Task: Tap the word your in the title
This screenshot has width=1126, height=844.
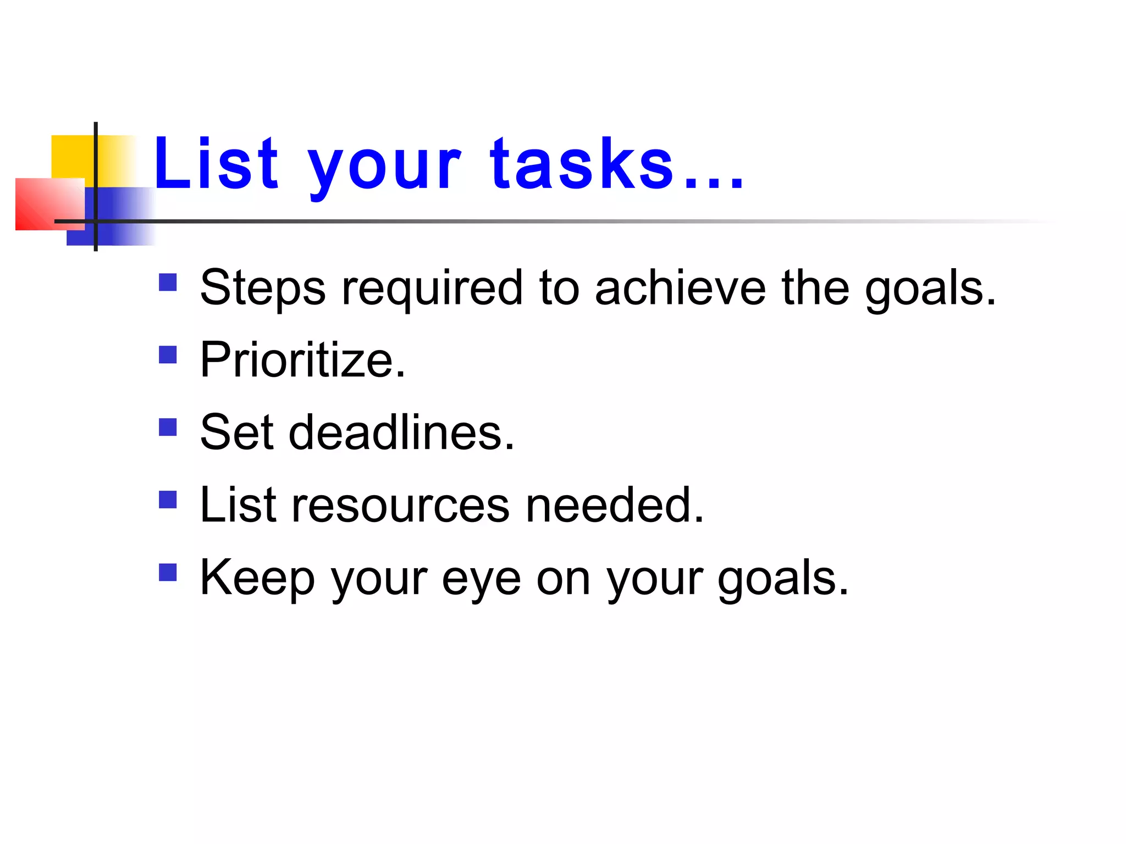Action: click(384, 168)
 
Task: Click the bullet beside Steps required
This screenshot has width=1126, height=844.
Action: click(168, 282)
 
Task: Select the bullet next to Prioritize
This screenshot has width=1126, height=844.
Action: click(168, 355)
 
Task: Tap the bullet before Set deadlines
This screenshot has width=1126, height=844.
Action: click(168, 427)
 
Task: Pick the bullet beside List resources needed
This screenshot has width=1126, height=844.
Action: click(168, 500)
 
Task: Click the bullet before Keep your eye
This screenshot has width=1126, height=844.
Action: click(168, 573)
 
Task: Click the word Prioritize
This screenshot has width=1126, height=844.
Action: click(302, 360)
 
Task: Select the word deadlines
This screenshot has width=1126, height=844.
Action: click(401, 432)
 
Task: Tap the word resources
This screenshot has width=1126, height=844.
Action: click(400, 505)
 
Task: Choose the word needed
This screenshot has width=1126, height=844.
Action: click(614, 505)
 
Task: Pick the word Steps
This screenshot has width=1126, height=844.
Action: click(263, 288)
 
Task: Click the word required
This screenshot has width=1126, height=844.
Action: click(432, 288)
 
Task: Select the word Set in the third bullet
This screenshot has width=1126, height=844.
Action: click(237, 432)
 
